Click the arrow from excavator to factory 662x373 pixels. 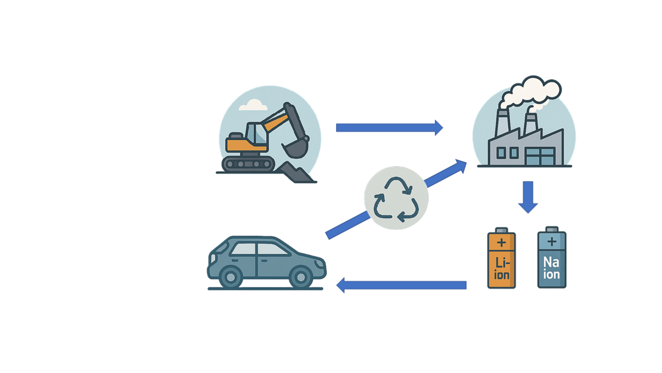point(388,128)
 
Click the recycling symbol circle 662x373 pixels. point(396,198)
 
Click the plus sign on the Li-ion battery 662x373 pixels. point(501,243)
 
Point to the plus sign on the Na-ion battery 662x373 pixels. point(552,242)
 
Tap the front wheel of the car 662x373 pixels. point(301,278)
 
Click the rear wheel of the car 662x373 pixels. point(230,278)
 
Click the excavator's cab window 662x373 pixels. point(255,133)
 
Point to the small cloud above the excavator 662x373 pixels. point(253,106)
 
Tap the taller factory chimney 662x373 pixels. point(502,124)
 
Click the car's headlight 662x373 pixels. point(319,263)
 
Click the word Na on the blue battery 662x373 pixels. point(551,263)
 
